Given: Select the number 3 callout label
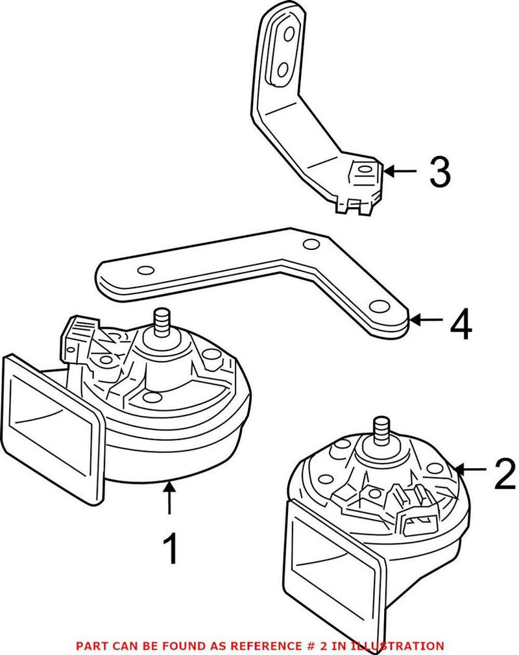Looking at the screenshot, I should click(x=440, y=172).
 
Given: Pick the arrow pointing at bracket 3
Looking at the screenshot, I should click(x=400, y=171).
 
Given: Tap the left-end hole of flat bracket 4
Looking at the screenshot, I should click(x=146, y=271).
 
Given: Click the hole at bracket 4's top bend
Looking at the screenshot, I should click(x=312, y=244).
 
